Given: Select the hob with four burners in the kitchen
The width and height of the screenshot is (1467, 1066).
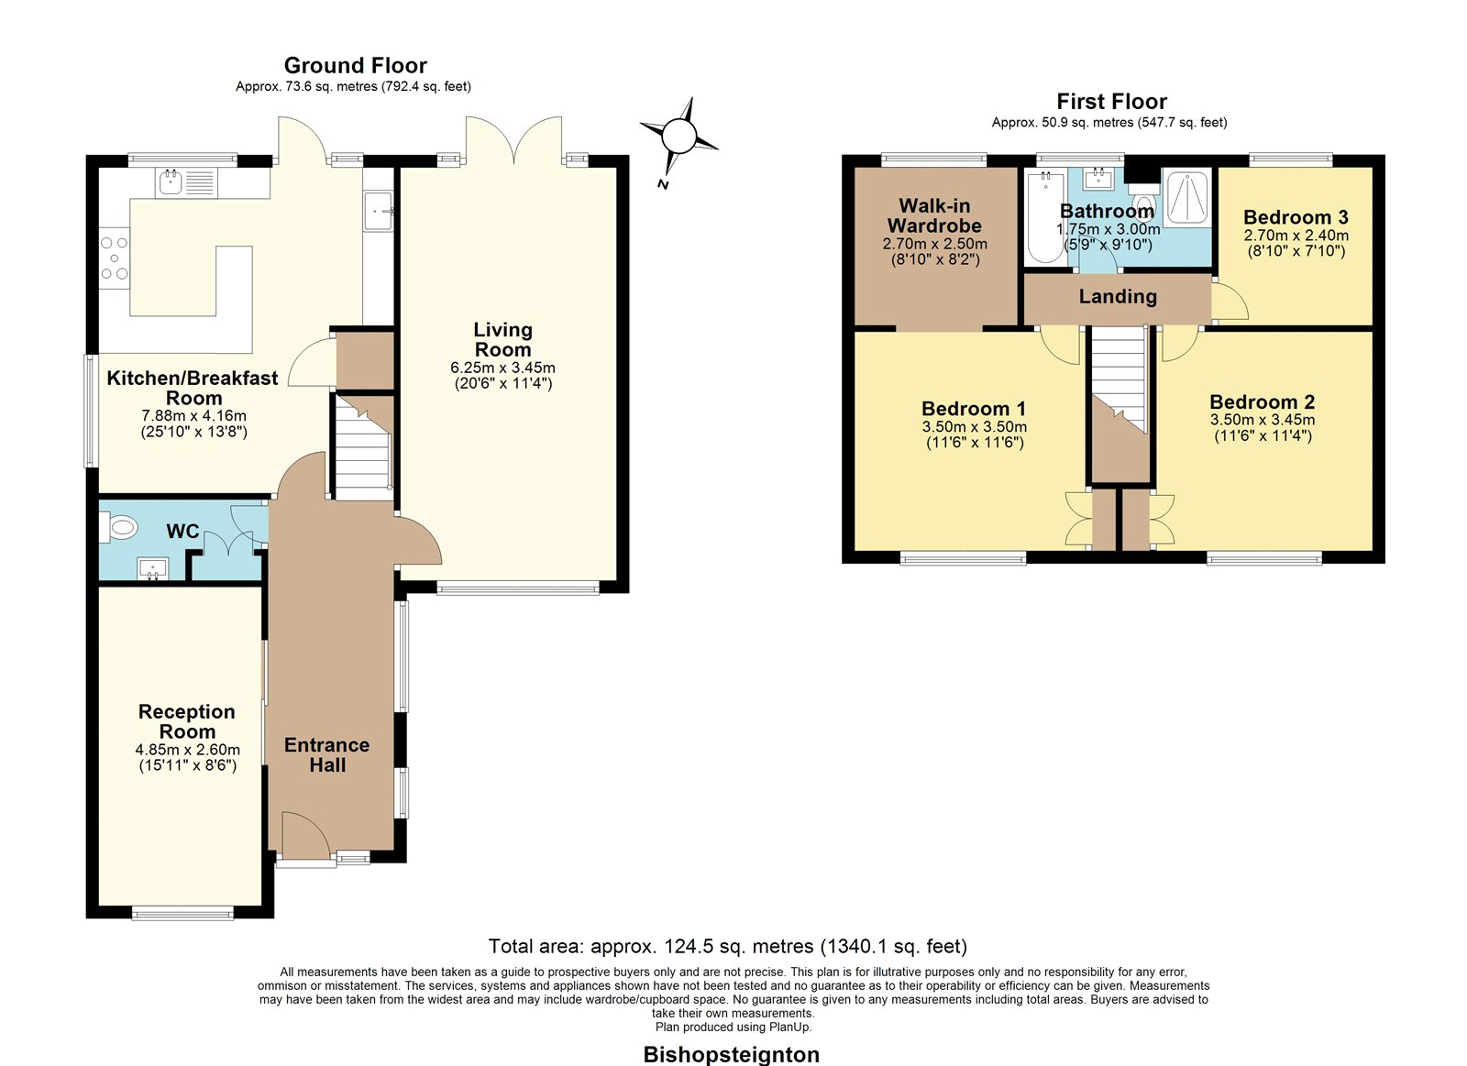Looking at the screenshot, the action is [x=115, y=258].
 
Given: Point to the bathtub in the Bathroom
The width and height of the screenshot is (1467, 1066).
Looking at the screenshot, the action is [x=1045, y=217].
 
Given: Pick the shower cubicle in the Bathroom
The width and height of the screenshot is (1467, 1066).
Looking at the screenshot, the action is [x=1186, y=196].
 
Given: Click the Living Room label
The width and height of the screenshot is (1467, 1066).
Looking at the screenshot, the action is [x=503, y=339].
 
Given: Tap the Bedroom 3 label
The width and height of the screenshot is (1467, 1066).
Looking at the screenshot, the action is [x=1296, y=216].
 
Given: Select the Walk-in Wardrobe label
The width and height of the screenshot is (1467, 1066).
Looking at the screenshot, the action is [x=934, y=215].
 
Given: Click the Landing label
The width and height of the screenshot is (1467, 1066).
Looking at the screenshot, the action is [x=1118, y=297].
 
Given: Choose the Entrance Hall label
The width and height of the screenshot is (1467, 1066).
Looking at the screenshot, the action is [x=326, y=754].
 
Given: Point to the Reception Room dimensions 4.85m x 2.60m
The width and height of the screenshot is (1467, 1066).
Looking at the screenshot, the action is [x=187, y=750].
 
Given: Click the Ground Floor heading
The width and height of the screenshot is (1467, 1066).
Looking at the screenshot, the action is [x=356, y=65].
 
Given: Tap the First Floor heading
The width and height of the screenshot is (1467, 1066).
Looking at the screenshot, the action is [x=1111, y=102].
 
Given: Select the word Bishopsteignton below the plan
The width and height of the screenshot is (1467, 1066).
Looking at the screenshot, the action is [x=732, y=1054].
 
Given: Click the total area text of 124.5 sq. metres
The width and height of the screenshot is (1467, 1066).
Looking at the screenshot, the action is [x=728, y=946].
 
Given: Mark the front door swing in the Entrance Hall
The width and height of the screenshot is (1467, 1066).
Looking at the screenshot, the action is [x=306, y=835].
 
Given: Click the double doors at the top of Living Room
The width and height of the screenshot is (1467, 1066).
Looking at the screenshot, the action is [x=514, y=140].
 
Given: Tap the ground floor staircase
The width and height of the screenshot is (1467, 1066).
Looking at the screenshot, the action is [x=363, y=447].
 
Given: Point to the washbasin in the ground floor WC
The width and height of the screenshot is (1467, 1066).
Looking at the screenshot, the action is [x=152, y=568].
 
